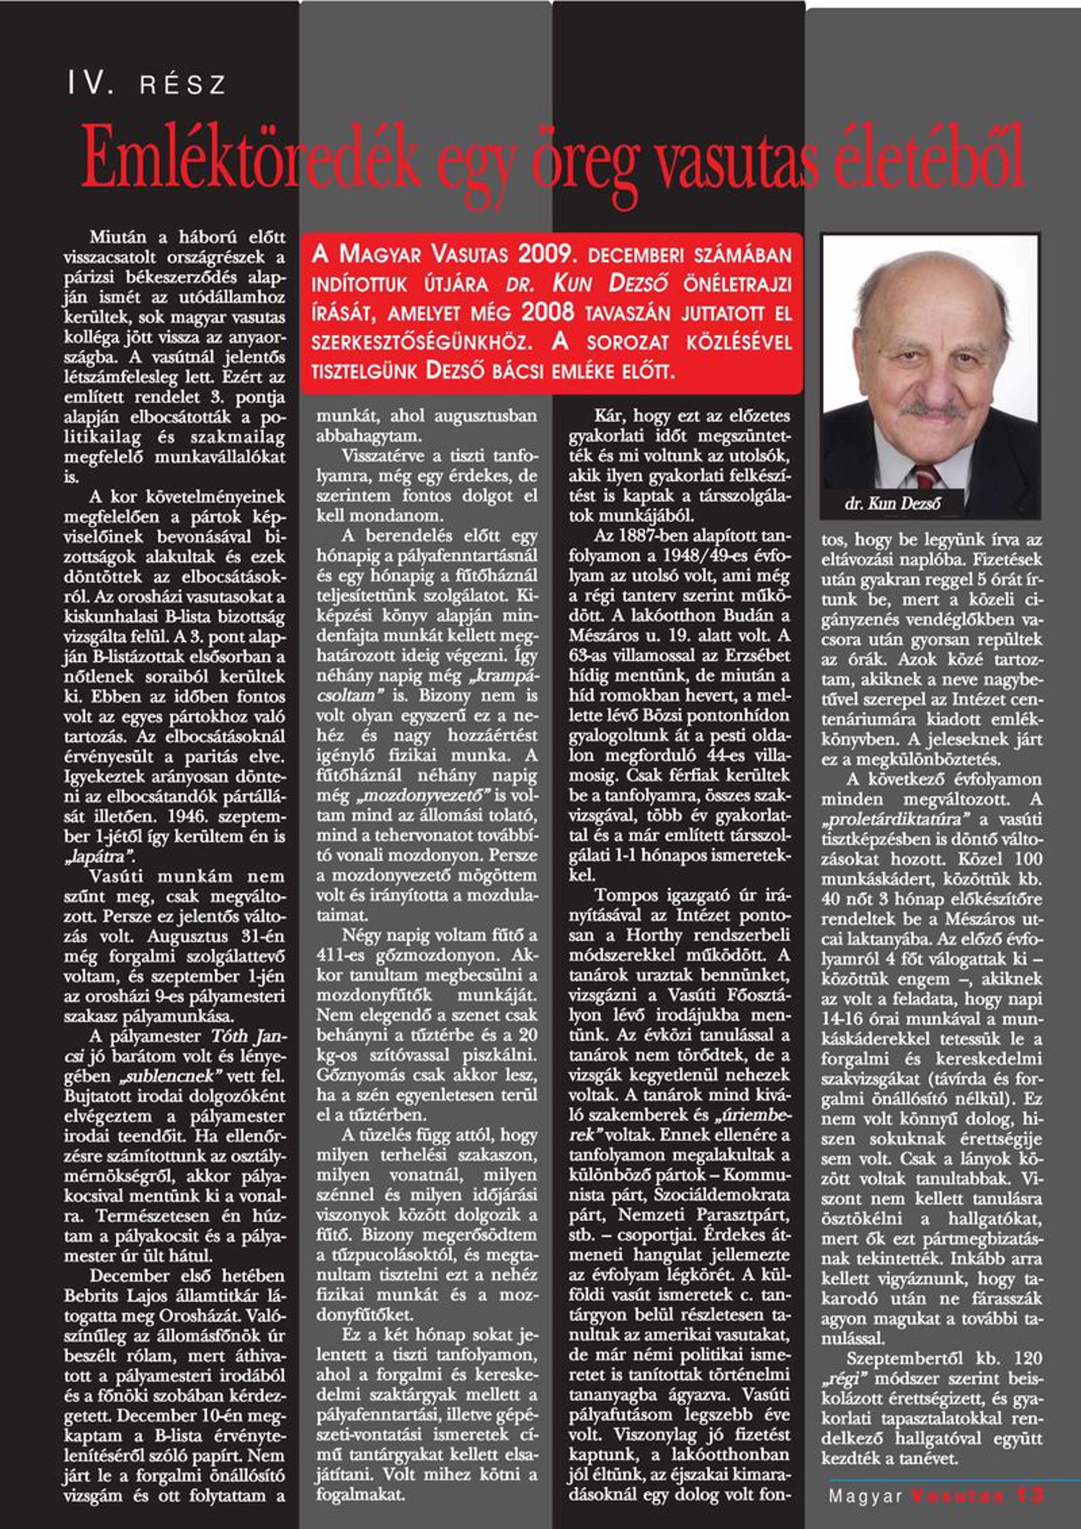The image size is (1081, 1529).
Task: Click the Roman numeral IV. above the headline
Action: [x=91, y=84]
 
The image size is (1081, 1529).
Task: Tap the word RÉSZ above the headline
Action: [x=183, y=86]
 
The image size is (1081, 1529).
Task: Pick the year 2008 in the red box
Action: [x=548, y=312]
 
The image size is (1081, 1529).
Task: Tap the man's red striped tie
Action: [x=925, y=477]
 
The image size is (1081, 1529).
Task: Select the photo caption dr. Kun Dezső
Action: [x=892, y=504]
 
